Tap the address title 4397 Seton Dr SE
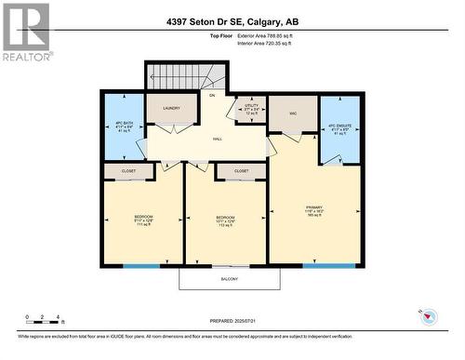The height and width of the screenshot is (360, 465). click(232, 20)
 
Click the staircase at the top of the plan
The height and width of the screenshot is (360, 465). click(186, 75)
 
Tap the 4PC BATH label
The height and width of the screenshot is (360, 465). click(122, 126)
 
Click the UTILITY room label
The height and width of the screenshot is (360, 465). click(251, 109)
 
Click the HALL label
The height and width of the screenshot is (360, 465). click(217, 139)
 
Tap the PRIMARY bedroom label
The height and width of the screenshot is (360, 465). click(315, 210)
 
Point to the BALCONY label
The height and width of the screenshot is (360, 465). click(230, 279)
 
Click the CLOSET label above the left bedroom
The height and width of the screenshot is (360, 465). click(128, 171)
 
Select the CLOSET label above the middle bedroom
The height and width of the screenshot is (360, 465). click(241, 171)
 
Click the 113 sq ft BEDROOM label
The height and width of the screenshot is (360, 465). click(226, 220)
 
